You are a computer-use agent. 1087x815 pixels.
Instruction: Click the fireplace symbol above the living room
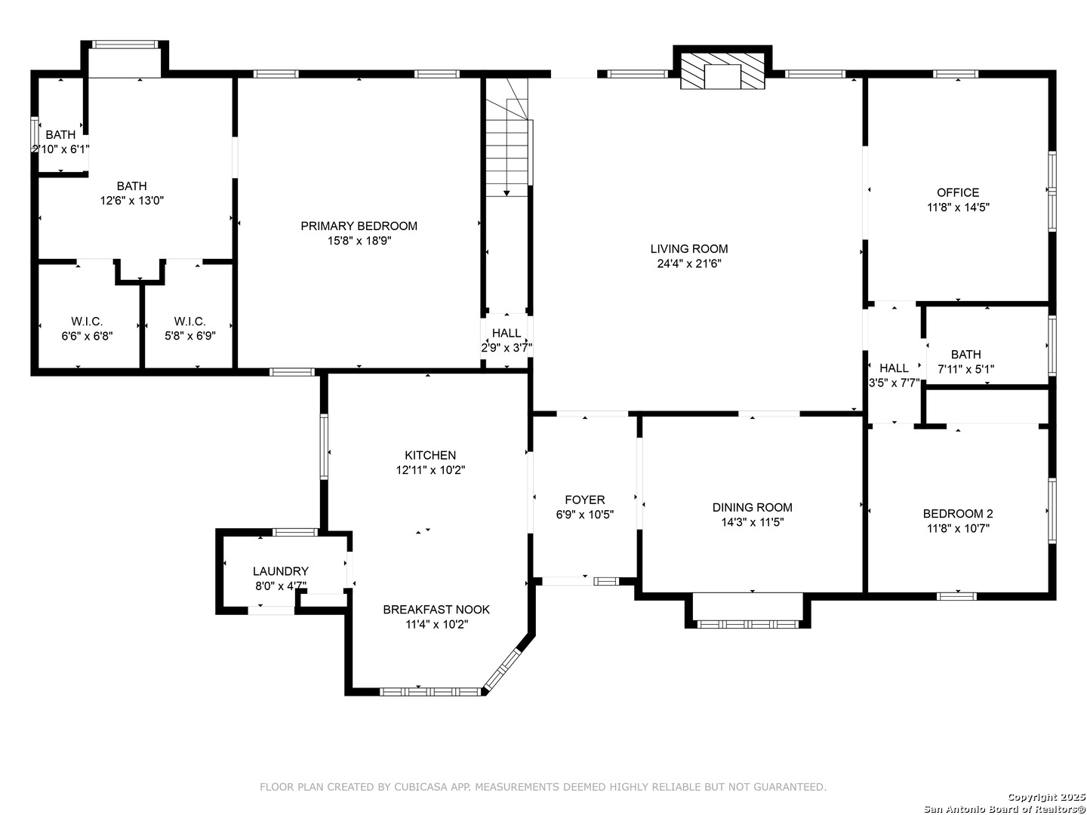tap(722, 71)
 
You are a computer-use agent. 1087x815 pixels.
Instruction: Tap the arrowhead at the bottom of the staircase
tap(507, 193)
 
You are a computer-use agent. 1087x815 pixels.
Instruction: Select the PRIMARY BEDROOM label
tap(359, 226)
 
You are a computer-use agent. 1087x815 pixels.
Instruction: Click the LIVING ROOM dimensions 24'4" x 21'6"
tap(689, 264)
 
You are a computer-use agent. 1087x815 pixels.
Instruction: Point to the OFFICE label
tap(958, 192)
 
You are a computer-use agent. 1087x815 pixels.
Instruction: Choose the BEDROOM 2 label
tap(958, 514)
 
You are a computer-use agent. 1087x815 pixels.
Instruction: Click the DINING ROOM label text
tap(753, 507)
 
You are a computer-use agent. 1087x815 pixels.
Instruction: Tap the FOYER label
tap(585, 500)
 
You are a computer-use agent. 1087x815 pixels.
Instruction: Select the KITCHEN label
tap(430, 455)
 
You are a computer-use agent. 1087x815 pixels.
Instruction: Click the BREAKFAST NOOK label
tap(436, 610)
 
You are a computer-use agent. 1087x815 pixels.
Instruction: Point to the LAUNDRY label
tap(281, 571)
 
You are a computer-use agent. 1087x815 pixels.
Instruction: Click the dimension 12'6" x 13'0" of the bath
tap(132, 201)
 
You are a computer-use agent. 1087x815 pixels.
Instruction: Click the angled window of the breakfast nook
tap(502, 670)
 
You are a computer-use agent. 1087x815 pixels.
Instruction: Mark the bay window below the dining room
tap(748, 625)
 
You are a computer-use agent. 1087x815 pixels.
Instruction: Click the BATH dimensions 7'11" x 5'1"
tap(965, 369)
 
